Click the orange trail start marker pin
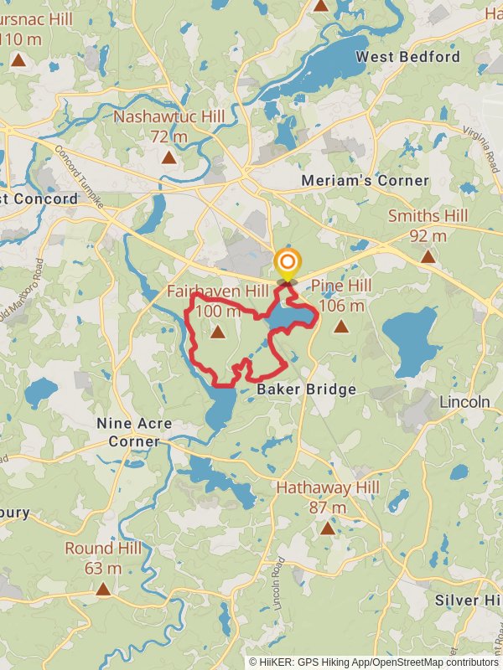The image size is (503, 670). pos(287,262)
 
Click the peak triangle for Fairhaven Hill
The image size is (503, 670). pos(218,332)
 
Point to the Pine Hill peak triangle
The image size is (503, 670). pos(340,327)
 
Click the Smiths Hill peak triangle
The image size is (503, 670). pos(428,256)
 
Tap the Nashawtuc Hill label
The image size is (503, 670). pos(169,126)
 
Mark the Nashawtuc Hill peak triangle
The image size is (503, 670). pos(169,157)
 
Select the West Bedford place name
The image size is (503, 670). pos(408,56)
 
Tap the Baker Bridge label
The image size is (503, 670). pos(306,389)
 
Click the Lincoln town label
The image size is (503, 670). pos(464,402)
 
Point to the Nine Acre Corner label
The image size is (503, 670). pos(134,432)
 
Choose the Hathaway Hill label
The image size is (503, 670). pos(328,497)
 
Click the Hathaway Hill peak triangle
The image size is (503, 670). pos(327,528)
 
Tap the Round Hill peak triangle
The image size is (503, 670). pos(103,589)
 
